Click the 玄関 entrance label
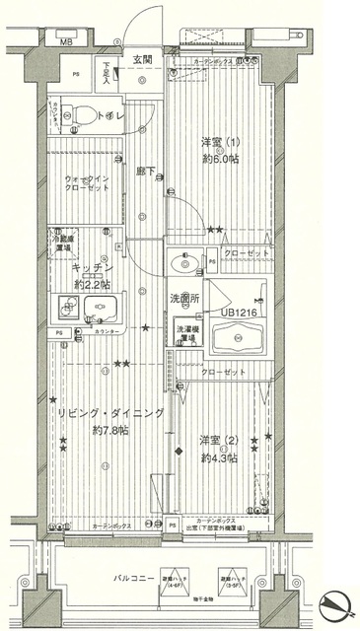[143, 60]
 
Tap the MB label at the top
[66, 43]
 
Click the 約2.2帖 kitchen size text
[95, 285]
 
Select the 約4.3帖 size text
[221, 457]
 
